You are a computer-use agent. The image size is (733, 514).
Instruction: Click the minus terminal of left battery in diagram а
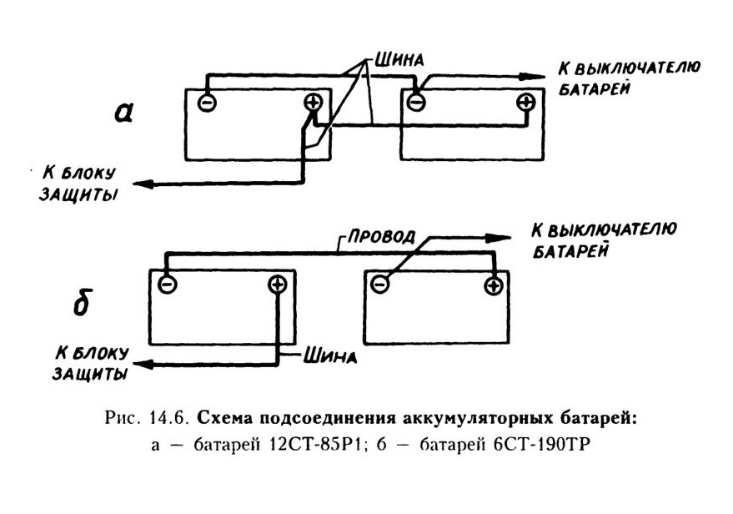pyautogui.click(x=207, y=103)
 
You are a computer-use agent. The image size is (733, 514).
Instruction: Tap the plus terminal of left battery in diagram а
pyautogui.click(x=313, y=103)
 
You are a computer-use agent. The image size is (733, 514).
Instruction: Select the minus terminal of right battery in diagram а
pyautogui.click(x=415, y=102)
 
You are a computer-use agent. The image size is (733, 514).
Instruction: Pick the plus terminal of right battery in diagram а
pyautogui.click(x=526, y=102)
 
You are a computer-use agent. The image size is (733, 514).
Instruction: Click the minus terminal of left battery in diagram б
pyautogui.click(x=168, y=284)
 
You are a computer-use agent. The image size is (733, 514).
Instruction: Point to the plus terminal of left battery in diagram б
pyautogui.click(x=277, y=284)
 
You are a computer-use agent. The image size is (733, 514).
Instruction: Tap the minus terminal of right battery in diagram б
pyautogui.click(x=379, y=284)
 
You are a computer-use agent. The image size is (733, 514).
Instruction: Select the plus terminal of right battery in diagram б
pyautogui.click(x=493, y=285)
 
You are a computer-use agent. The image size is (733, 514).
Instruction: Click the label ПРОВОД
pyautogui.click(x=380, y=235)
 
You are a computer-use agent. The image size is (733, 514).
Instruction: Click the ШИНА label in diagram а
pyautogui.click(x=399, y=59)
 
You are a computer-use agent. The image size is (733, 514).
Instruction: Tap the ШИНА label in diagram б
pyautogui.click(x=330, y=357)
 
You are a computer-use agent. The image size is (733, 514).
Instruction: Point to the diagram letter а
pyautogui.click(x=124, y=113)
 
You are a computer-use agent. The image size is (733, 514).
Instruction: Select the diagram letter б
pyautogui.click(x=82, y=302)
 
